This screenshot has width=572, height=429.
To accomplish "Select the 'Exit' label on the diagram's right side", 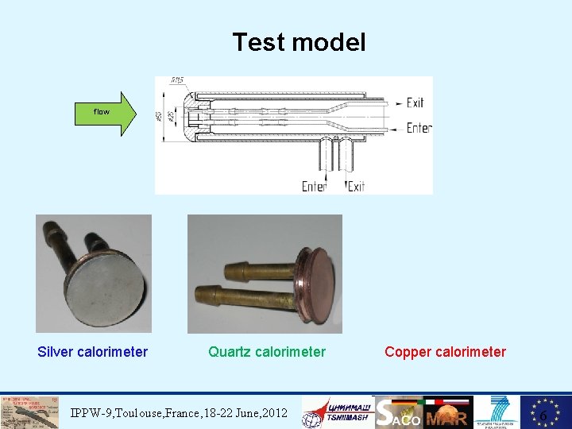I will click(415, 103).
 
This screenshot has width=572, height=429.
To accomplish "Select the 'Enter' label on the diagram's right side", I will click(418, 128).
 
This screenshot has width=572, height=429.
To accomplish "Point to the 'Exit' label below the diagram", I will click(357, 186).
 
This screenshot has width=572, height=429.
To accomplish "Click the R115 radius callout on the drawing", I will click(178, 80).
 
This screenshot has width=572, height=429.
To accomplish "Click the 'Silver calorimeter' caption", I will click(92, 351).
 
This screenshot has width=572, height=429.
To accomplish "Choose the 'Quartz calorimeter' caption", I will click(266, 351).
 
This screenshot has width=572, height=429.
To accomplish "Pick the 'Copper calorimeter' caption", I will click(445, 351).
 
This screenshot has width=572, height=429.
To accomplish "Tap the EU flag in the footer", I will click(545, 412).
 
